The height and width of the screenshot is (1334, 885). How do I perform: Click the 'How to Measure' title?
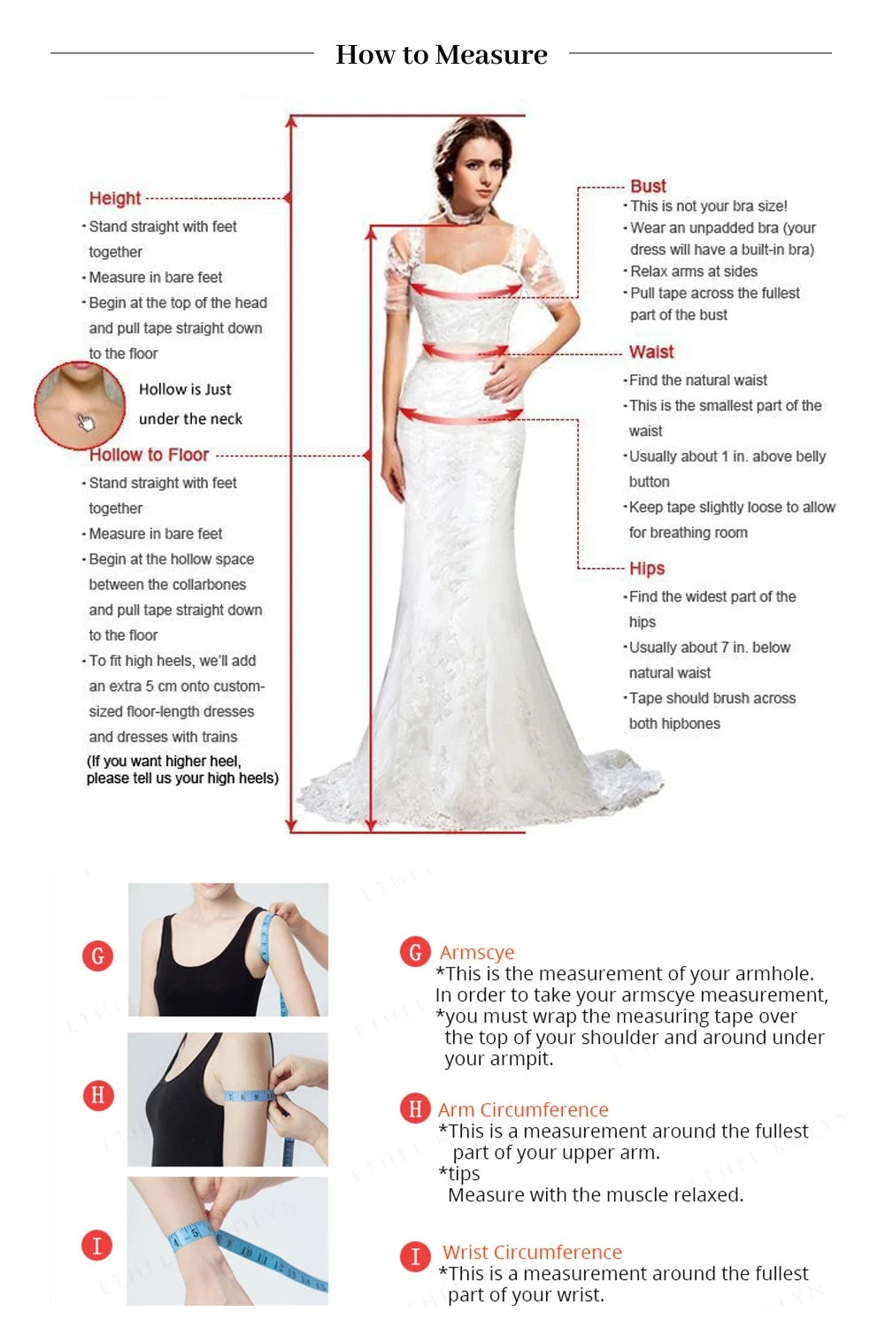point(442,55)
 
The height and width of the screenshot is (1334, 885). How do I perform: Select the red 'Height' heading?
point(115,198)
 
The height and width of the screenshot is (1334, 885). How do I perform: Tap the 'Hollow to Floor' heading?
point(149,455)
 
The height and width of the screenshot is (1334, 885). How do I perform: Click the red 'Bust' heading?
point(648,186)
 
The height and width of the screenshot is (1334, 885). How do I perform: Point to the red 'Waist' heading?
point(651,351)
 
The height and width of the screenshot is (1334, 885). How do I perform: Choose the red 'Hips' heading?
point(647,568)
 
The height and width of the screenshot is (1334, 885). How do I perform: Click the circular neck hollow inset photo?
point(80,403)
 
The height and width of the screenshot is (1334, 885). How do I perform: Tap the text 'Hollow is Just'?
point(185,389)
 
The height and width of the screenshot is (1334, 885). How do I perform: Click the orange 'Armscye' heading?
point(477,952)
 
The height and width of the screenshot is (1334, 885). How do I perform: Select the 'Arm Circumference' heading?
point(523,1109)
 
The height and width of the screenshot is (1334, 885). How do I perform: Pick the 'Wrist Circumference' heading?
point(532,1252)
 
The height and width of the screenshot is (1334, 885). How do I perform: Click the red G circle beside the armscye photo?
point(97,955)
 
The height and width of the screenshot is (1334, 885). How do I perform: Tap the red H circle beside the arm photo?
point(97,1095)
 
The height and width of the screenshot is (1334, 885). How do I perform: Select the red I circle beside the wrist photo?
point(97,1246)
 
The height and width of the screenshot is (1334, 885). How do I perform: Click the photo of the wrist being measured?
point(227,1240)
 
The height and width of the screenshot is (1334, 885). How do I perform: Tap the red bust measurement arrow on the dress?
point(465,291)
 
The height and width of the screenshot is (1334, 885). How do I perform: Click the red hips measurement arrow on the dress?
point(460,416)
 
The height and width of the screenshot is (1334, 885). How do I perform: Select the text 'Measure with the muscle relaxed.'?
point(596,1194)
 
